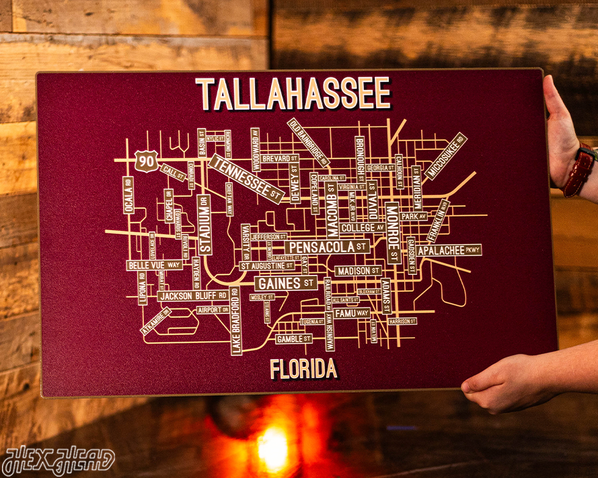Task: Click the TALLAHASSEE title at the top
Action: [293, 93]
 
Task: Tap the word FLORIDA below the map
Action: [303, 368]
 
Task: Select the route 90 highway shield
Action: [146, 161]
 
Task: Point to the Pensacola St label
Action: [327, 247]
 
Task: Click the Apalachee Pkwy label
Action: [449, 250]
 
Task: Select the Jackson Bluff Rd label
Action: [192, 295]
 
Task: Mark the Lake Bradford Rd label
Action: [235, 321]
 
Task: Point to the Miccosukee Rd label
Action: [446, 156]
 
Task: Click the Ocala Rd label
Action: [128, 195]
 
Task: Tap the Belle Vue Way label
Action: [154, 265]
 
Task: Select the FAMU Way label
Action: [351, 313]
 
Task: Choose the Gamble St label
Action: [293, 339]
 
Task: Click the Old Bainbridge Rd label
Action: [309, 143]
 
